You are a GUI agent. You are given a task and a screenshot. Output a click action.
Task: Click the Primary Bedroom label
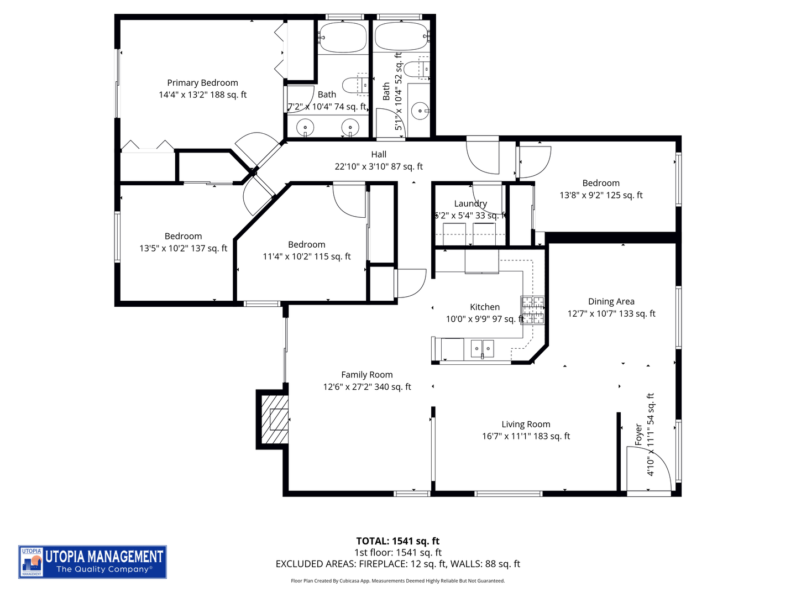(x=202, y=83)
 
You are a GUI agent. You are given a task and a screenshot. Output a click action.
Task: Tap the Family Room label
(x=366, y=375)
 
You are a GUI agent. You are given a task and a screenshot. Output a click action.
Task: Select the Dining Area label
(x=611, y=301)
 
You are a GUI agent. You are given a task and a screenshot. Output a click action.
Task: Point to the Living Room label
(x=526, y=424)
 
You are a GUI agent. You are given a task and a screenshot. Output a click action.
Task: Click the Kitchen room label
(x=484, y=307)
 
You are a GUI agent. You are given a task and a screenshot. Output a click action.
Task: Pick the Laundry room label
(x=470, y=203)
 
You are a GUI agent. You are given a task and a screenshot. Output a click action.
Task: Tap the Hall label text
(x=379, y=155)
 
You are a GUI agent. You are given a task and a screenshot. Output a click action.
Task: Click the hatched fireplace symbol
(x=275, y=418)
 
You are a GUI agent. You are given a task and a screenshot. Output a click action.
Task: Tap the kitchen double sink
(x=483, y=349)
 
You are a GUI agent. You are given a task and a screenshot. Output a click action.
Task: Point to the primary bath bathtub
(x=343, y=37)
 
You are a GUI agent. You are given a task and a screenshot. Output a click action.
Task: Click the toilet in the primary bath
(x=353, y=85)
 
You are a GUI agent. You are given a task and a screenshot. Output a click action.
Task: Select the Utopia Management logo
(x=92, y=562)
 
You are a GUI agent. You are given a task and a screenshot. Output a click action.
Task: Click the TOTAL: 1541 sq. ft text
(x=397, y=541)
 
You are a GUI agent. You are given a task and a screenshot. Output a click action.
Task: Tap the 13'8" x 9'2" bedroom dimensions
(x=601, y=195)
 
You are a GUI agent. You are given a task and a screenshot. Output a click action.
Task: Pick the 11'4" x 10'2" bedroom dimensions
(x=306, y=256)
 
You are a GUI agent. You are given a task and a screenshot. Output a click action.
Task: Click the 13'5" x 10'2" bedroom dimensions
(x=183, y=249)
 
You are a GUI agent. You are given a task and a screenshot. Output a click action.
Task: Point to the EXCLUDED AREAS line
(x=397, y=564)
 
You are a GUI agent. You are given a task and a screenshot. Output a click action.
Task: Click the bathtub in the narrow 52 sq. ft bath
(x=401, y=37)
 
